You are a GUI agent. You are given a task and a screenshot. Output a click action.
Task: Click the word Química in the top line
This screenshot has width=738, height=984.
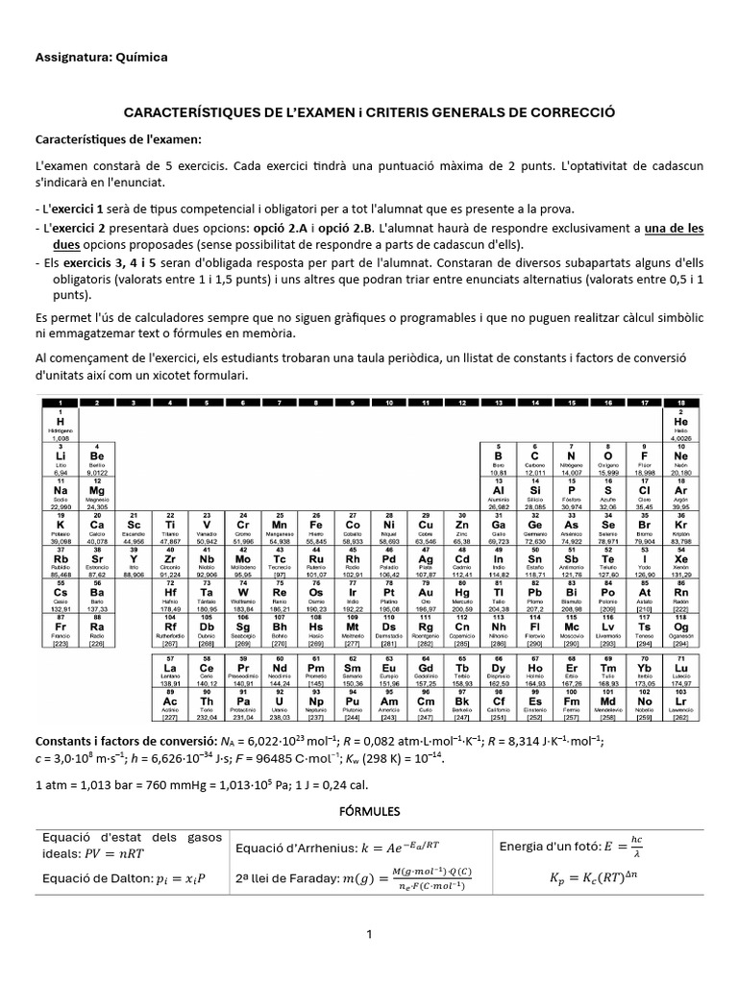point(141,58)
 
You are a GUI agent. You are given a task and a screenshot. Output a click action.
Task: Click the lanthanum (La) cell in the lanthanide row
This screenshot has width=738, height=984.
point(170,669)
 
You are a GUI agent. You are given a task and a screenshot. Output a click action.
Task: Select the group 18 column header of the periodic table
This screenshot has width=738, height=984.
point(680,402)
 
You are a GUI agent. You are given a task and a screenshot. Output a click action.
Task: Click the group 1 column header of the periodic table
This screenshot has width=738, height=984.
point(61,402)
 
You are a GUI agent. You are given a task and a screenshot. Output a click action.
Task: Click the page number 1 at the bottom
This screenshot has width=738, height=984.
point(369,933)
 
